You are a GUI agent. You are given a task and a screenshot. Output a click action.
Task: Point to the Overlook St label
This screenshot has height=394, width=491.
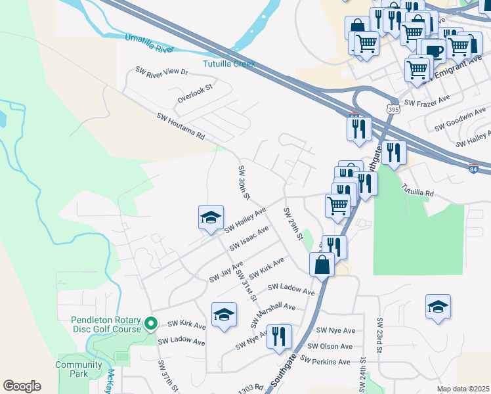196,93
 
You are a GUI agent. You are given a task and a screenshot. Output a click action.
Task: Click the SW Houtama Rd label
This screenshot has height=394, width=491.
181,127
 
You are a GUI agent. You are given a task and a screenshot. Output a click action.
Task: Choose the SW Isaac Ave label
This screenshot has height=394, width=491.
249,238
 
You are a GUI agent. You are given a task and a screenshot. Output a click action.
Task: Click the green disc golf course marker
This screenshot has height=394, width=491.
150,324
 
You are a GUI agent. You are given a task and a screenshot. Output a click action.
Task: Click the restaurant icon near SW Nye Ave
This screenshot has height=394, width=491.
280,337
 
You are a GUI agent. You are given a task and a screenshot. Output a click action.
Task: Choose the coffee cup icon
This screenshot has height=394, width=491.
433,51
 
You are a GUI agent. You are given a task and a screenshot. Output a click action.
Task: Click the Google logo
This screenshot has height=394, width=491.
22,386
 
